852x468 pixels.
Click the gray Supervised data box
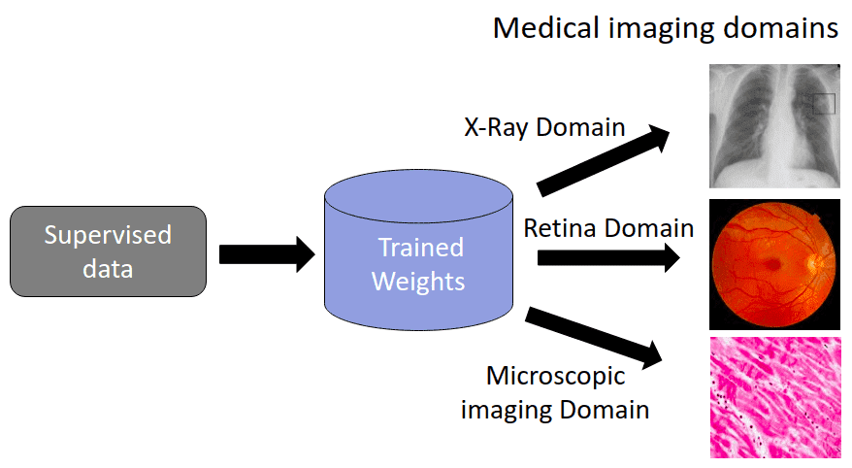click(x=108, y=251)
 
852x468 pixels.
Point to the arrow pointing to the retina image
click(x=607, y=257)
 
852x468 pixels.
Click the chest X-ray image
click(x=773, y=125)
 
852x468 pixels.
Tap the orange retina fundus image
click(x=773, y=263)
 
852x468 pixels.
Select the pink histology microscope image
click(x=773, y=397)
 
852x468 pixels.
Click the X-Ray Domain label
click(x=542, y=127)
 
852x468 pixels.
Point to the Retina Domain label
click(x=608, y=228)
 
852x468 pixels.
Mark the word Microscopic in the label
click(x=555, y=377)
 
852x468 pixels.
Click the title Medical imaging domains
click(x=665, y=27)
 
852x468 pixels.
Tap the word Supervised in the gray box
click(x=108, y=236)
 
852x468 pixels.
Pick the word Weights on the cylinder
click(x=418, y=282)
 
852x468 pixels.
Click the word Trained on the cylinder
click(x=420, y=248)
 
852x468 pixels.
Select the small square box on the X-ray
click(x=823, y=103)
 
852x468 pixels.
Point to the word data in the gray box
click(x=108, y=268)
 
